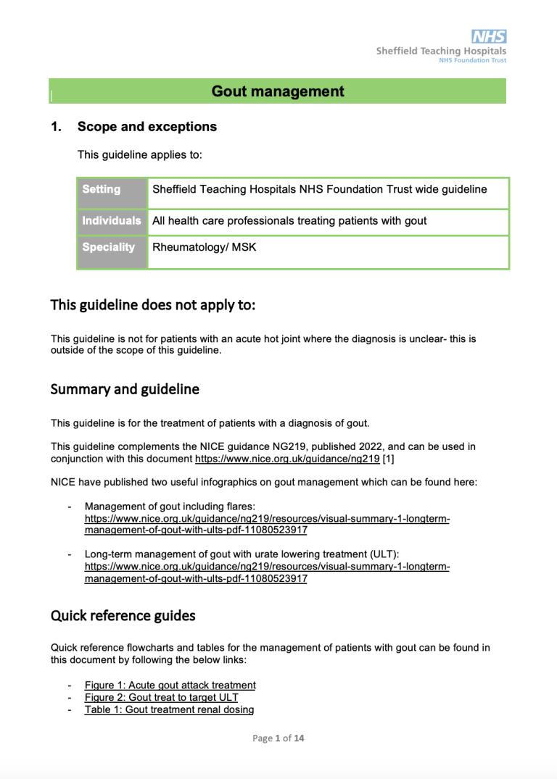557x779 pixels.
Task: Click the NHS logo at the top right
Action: click(x=489, y=37)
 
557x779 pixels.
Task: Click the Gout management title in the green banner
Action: click(x=278, y=91)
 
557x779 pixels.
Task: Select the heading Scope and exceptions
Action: click(x=147, y=127)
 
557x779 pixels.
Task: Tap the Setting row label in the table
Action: click(x=102, y=190)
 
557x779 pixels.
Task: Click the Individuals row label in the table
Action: click(x=111, y=221)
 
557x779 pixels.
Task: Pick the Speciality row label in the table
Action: click(x=109, y=247)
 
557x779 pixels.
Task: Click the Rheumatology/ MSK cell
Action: click(x=204, y=247)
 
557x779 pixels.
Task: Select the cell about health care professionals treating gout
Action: click(x=289, y=221)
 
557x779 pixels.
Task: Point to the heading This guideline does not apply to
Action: click(x=153, y=305)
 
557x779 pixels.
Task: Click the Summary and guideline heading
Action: click(x=125, y=389)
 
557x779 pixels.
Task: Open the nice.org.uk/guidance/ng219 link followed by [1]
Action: click(x=287, y=459)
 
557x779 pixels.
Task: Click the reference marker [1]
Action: click(x=389, y=459)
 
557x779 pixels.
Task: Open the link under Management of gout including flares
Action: click(x=267, y=525)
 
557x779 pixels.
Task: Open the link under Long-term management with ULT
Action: click(x=267, y=572)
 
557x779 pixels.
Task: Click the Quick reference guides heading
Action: click(x=123, y=616)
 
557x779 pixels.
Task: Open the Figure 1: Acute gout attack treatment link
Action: click(x=170, y=686)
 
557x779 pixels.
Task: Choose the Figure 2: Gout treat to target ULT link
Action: click(x=161, y=698)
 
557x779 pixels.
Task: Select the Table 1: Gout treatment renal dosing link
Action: click(x=169, y=710)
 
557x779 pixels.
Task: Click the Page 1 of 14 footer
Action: click(x=278, y=738)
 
